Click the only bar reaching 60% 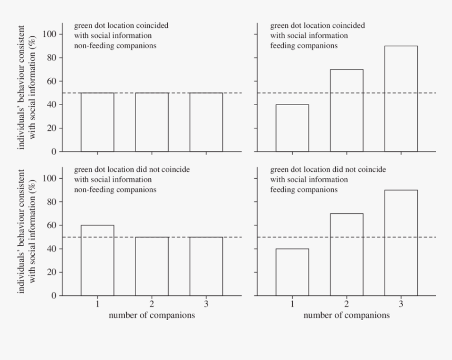pos(97,260)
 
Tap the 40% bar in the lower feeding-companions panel pos(292,272)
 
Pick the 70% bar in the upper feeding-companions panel pos(346,110)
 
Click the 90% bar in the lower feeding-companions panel pos(401,243)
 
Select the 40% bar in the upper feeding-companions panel pos(292,128)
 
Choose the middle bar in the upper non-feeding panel pos(152,122)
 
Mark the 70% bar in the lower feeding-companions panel pos(346,254)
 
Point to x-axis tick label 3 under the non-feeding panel pos(206,304)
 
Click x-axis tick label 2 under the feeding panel pos(346,304)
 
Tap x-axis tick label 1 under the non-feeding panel pos(97,304)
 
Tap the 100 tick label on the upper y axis pos(49,34)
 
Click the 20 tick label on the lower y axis pos(52,272)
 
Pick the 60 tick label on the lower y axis pos(52,225)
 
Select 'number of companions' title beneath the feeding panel pos(346,315)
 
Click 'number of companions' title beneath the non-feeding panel pos(152,315)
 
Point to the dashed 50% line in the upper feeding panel pos(426,93)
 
